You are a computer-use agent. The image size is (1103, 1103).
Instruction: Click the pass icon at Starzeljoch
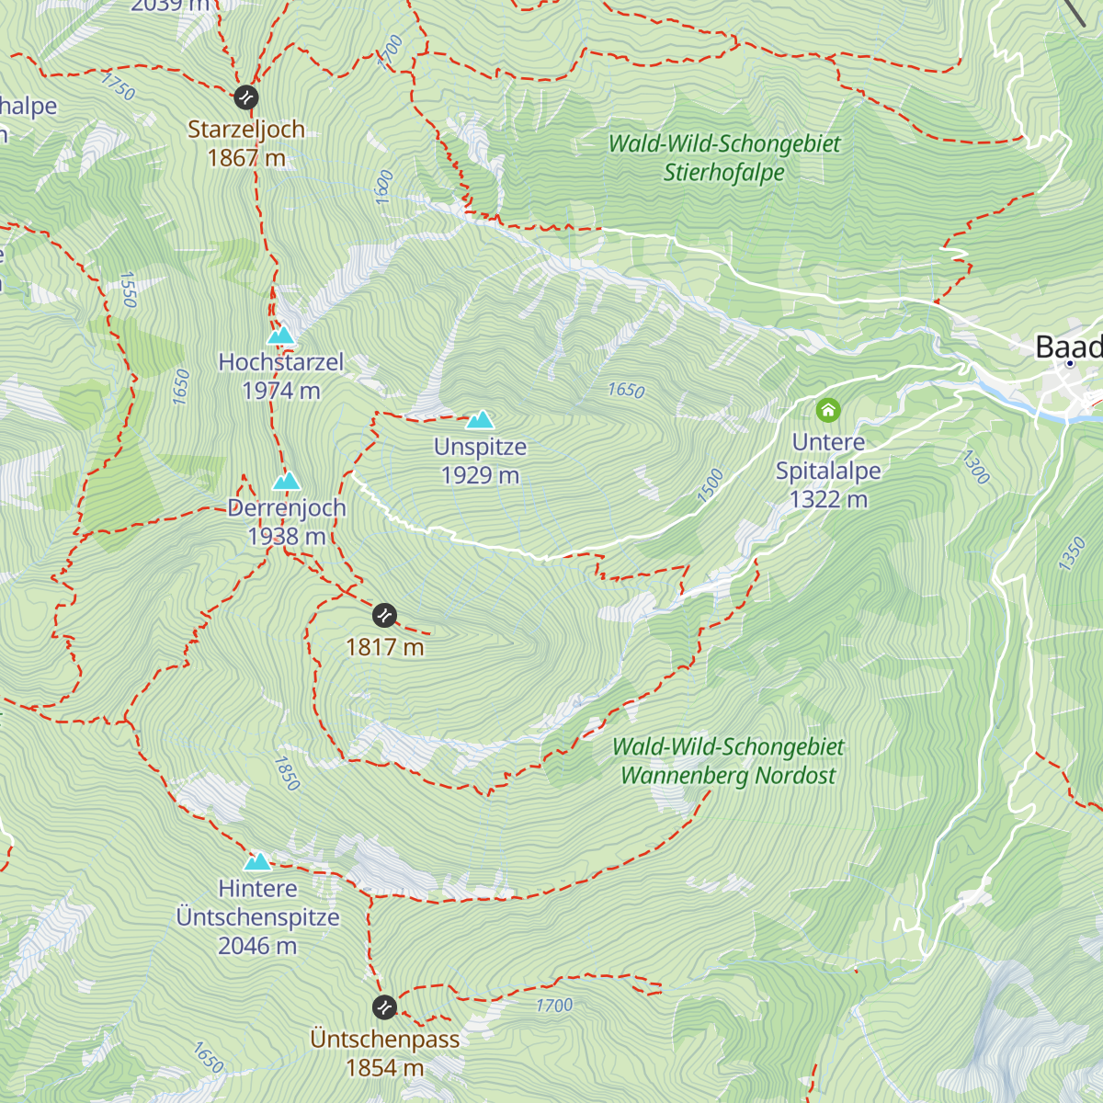tap(245, 97)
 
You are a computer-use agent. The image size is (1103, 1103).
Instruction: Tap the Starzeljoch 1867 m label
tap(246, 143)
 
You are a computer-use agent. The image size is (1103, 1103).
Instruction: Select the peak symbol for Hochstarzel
tap(281, 335)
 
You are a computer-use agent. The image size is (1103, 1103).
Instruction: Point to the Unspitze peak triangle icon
tap(480, 420)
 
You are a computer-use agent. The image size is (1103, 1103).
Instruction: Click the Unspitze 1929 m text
tap(480, 461)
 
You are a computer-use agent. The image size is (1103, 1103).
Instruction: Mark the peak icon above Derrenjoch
tap(287, 482)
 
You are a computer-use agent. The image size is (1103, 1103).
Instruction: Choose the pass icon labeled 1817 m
tap(384, 614)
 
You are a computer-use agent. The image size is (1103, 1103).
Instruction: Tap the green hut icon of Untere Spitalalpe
tap(828, 410)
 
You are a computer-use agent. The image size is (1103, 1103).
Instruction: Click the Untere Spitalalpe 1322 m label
tap(828, 471)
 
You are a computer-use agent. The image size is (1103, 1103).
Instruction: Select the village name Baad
tap(1068, 347)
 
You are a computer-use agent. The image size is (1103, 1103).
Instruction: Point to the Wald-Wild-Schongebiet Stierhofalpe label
tap(724, 157)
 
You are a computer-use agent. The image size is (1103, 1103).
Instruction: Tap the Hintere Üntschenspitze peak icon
tap(257, 861)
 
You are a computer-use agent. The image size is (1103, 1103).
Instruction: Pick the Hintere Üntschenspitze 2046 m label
tap(257, 917)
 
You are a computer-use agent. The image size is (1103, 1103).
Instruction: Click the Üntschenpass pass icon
tap(384, 1007)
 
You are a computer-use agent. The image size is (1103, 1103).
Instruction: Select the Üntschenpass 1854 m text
tap(384, 1053)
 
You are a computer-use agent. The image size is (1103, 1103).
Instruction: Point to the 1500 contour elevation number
tap(710, 486)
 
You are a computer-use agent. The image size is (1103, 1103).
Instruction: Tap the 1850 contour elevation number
tap(287, 774)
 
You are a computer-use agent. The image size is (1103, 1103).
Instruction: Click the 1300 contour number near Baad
tap(975, 467)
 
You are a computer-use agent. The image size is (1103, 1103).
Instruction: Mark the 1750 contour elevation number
tap(118, 86)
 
